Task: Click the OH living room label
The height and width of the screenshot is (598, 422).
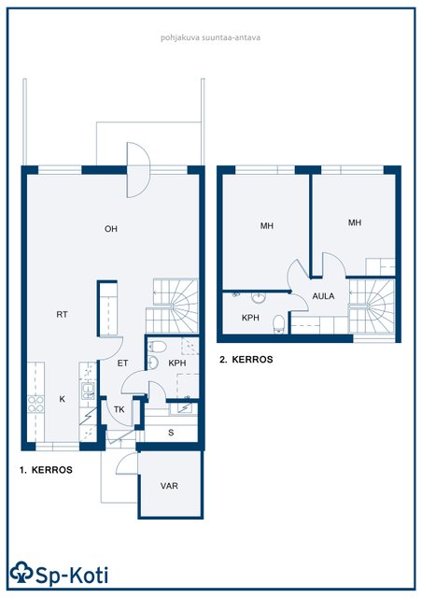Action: [111, 229]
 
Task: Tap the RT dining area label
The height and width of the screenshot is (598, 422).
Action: [63, 315]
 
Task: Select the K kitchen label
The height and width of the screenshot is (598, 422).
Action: [63, 399]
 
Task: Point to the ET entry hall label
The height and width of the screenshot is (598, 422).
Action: [122, 363]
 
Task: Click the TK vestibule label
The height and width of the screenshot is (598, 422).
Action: [120, 410]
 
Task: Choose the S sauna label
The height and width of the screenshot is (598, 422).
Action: [171, 433]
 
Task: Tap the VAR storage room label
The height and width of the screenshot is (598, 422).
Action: [169, 486]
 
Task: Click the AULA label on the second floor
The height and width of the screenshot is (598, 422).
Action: [324, 296]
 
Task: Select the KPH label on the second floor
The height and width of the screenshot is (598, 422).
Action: [250, 318]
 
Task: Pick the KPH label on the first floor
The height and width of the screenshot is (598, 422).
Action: [177, 363]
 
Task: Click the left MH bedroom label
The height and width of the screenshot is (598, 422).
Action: [267, 226]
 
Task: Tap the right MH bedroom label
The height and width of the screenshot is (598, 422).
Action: [355, 222]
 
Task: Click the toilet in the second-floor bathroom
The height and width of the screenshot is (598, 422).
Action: [279, 324]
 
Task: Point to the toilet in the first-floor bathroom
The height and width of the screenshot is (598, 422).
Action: [157, 347]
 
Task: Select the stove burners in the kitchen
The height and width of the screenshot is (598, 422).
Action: [35, 405]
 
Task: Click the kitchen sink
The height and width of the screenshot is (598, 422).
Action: [88, 391]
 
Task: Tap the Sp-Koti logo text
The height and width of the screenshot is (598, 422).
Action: [71, 576]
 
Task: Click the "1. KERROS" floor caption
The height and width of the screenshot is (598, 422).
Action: [46, 470]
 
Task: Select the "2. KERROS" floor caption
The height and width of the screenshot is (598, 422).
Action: [246, 360]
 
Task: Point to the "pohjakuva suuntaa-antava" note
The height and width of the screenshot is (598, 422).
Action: [210, 37]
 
